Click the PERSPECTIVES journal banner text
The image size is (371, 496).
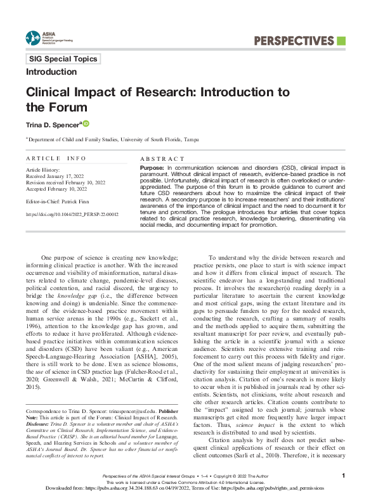point(293,41)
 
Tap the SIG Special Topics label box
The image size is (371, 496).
point(63,59)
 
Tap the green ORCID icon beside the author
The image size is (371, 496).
point(86,123)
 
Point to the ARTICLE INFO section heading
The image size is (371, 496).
point(56,158)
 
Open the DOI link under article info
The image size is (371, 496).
point(72,215)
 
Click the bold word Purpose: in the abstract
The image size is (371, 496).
point(151,166)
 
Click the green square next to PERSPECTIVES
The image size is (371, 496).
point(341,41)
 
